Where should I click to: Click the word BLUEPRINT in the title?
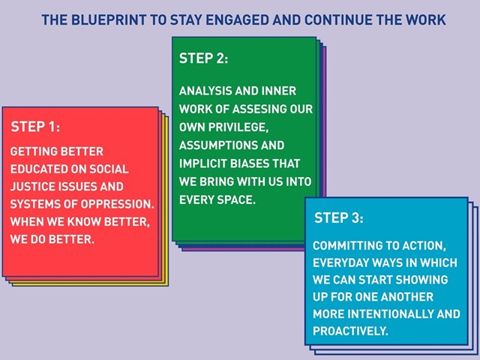pos(109,20)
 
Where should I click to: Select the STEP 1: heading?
pos(35,127)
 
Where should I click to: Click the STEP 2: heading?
pos(203,58)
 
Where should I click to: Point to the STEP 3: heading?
pos(339,217)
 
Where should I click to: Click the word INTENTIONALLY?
pos(390,314)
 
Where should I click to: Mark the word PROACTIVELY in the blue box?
pos(350,331)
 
